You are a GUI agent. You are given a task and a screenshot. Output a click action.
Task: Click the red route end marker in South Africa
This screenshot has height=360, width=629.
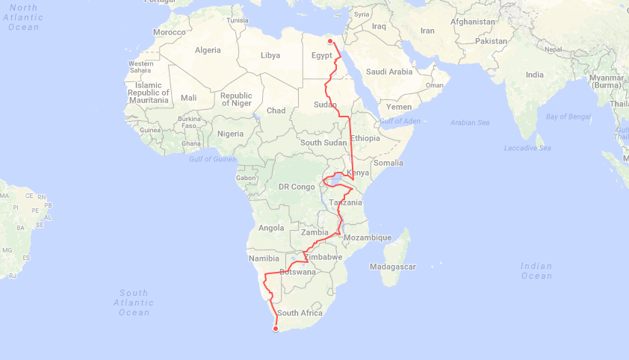276,328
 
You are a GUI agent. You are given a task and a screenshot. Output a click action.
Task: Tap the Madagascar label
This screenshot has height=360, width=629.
392,267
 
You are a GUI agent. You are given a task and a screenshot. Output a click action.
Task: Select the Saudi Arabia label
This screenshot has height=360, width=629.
388,72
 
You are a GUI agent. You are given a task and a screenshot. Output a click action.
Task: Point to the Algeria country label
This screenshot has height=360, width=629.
208,50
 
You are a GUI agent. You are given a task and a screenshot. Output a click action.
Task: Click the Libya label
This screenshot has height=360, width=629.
270,55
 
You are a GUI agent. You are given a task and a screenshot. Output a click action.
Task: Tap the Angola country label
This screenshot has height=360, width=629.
270,228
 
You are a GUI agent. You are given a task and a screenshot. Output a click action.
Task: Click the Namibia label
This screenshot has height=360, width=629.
262,258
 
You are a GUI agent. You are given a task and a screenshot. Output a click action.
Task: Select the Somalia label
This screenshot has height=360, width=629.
388,162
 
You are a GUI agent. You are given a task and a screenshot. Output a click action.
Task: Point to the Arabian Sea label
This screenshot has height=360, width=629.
469,122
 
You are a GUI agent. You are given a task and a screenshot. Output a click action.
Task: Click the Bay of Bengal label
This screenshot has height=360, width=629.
568,117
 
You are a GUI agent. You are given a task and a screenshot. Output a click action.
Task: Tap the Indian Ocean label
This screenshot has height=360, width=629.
536,270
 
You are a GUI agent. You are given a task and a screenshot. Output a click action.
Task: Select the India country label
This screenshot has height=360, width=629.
534,75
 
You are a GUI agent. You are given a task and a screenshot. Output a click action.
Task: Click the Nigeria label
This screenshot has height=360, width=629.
230,134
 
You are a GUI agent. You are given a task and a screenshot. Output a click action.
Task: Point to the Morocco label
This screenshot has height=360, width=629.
169,33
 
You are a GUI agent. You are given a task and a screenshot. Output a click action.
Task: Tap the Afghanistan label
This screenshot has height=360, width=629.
472,22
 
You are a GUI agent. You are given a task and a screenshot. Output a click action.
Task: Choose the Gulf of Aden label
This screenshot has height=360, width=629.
400,121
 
